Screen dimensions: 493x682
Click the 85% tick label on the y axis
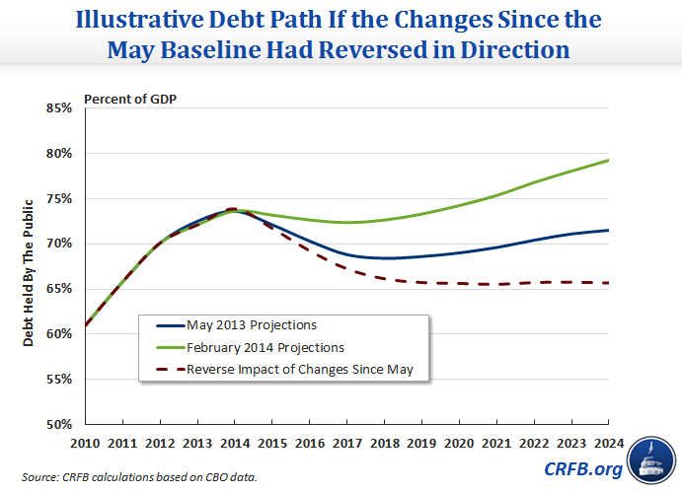pyautogui.click(x=57, y=108)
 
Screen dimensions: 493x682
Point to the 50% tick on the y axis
pyautogui.click(x=57, y=425)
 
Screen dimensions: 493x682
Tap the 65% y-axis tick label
pyautogui.click(x=57, y=289)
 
